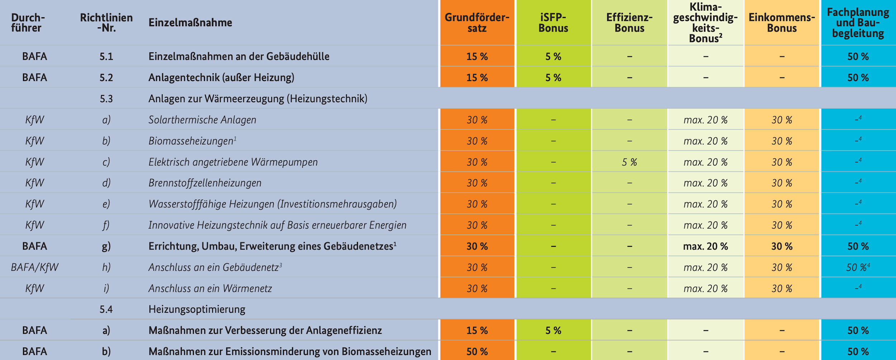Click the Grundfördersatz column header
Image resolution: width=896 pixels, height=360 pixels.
477,23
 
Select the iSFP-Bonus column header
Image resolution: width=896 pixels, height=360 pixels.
553,23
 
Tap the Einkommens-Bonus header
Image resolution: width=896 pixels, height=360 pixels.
782,23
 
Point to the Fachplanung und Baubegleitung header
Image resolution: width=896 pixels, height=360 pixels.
858,23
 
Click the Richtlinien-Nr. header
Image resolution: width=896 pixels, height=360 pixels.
106,23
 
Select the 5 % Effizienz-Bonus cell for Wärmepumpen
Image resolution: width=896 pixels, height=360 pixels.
629,162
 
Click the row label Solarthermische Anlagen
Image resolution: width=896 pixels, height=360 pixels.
202,120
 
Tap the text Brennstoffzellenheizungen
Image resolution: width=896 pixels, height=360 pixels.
205,183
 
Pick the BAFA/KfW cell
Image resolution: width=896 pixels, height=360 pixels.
34,267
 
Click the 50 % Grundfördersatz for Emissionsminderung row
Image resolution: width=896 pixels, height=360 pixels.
477,351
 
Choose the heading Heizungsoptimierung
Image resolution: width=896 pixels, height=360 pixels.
197,309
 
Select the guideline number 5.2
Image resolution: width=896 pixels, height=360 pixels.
106,77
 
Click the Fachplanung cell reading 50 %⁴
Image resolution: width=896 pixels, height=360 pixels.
858,267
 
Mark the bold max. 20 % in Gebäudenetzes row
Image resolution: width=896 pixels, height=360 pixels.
705,246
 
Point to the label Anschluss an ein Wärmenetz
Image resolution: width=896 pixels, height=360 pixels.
210,288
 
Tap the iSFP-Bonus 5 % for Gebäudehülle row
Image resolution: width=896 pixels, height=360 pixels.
553,56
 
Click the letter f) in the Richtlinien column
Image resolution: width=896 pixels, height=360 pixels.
106,225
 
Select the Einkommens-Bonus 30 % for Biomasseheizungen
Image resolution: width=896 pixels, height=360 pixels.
782,141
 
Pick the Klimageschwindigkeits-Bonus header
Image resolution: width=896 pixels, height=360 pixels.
705,23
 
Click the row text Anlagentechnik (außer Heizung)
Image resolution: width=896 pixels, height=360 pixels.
221,77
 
